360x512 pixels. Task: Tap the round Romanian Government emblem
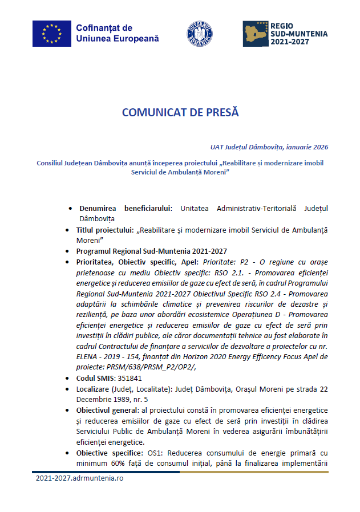click(200, 34)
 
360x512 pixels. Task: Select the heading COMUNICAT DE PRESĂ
click(180, 112)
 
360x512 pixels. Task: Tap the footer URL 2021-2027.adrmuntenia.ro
click(79, 478)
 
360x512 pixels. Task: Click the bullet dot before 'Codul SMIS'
click(70, 379)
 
